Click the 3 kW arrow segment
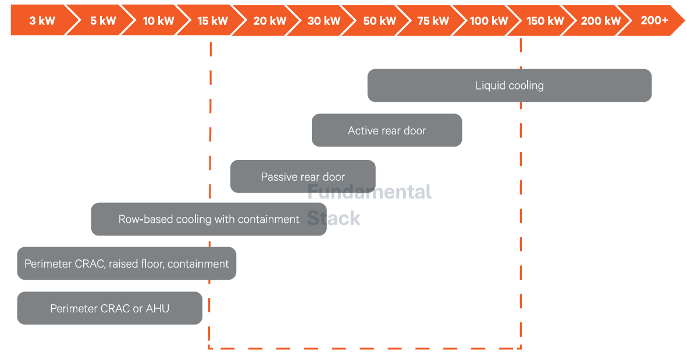click(x=42, y=20)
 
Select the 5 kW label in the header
click(x=103, y=20)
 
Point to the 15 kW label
click(x=212, y=20)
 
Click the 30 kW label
click(x=324, y=20)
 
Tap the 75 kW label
click(x=433, y=20)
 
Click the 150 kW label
click(x=545, y=20)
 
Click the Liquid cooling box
click(x=510, y=85)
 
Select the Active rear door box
click(x=387, y=130)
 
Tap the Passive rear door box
click(x=302, y=176)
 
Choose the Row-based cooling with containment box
click(x=209, y=219)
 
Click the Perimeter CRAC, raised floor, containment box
click(x=127, y=263)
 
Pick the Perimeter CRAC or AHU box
click(x=109, y=308)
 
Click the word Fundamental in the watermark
click(x=369, y=192)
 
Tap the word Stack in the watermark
click(x=333, y=218)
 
